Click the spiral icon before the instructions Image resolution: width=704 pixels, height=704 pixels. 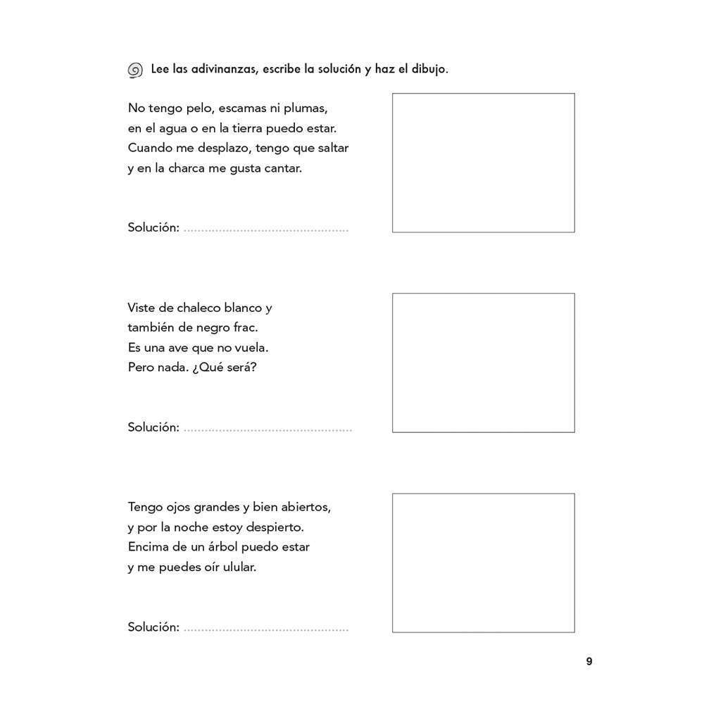[x=135, y=70]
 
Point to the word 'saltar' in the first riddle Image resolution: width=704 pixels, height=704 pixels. [x=332, y=148]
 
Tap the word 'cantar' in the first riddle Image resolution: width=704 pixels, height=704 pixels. [x=283, y=168]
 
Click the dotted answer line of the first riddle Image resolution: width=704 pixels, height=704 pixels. [x=265, y=230]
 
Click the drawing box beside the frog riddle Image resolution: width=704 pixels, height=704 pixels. [x=483, y=163]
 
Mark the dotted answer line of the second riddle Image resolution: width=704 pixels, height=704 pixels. [x=267, y=429]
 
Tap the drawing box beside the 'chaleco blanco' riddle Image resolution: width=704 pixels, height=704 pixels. [x=483, y=363]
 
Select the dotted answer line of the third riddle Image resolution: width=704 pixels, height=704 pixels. [x=265, y=629]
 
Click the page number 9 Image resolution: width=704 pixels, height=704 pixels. [x=589, y=662]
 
